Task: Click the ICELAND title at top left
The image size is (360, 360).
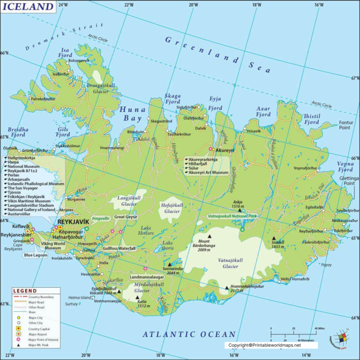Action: pos(29,7)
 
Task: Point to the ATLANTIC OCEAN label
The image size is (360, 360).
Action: pos(189,334)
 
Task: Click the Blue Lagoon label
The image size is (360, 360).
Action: pos(36,255)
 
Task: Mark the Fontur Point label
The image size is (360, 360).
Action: pos(345,125)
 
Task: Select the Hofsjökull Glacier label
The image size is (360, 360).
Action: pos(172,208)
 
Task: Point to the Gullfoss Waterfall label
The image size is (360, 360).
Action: pos(120,248)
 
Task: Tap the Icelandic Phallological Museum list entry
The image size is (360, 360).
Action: pos(36,184)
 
